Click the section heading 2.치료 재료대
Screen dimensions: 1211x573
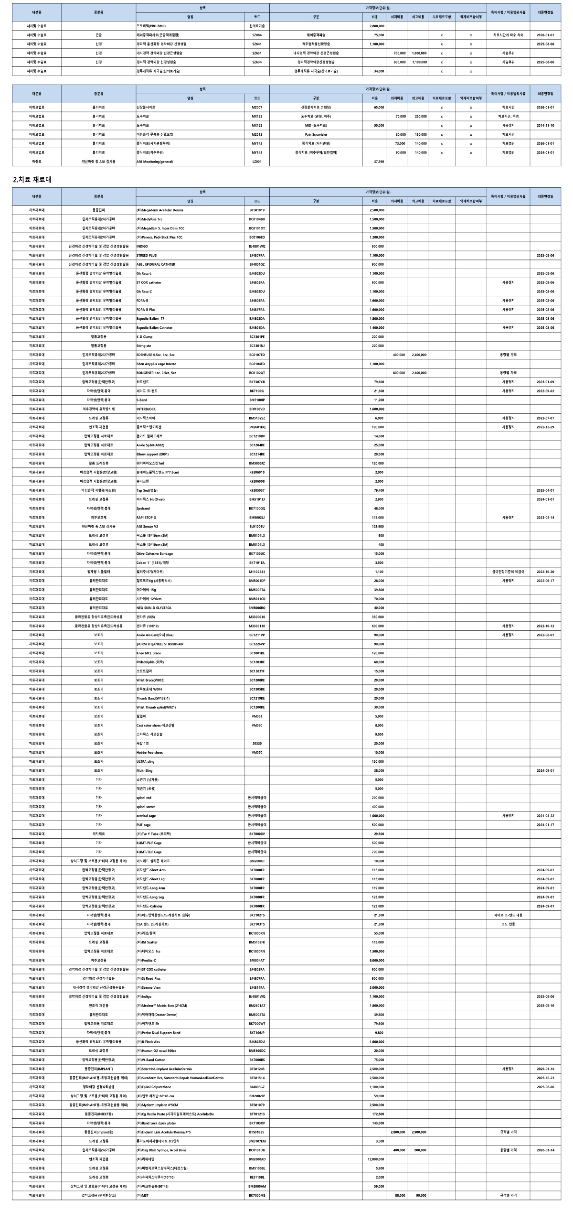pos(32,180)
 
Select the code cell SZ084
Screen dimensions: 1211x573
pos(257,35)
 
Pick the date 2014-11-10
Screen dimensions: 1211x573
pos(545,125)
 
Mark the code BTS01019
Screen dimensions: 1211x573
pos(257,210)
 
